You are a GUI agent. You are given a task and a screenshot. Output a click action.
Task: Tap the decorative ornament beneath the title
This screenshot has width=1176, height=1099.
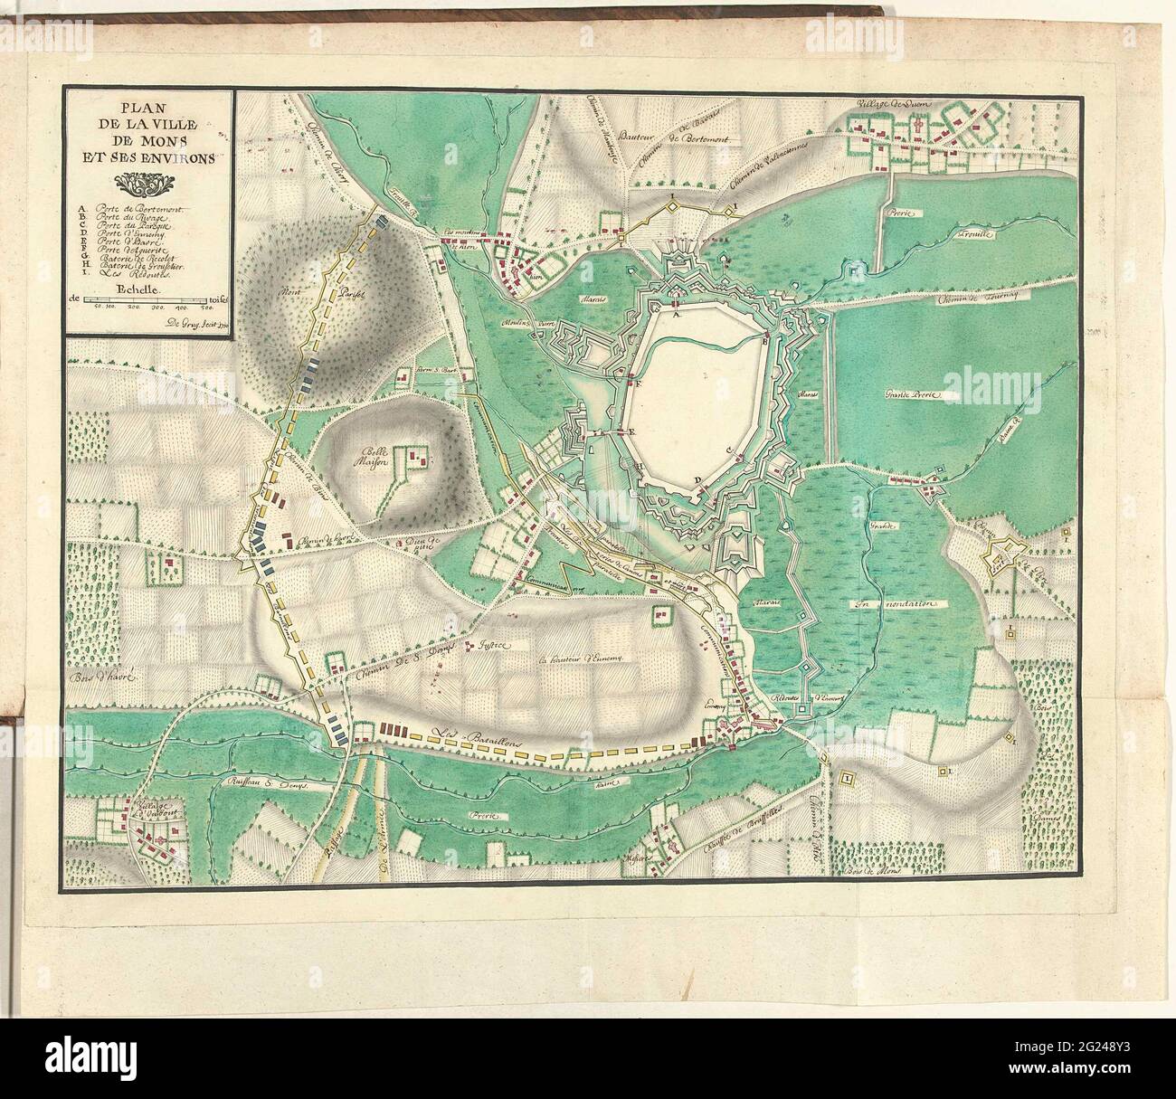coord(148,185)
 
